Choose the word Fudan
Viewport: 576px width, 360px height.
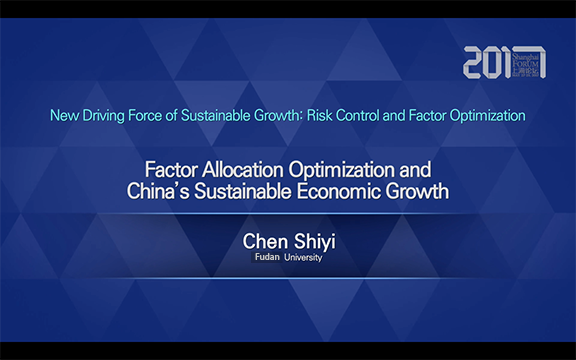coord(264,257)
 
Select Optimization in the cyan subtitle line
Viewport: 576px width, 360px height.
coord(487,116)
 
